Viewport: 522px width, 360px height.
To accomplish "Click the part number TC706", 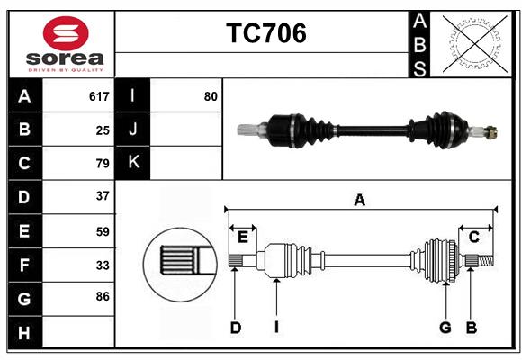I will [x=265, y=33].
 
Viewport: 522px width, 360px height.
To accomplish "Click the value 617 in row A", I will [x=99, y=96].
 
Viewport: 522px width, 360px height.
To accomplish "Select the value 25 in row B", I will [x=103, y=130].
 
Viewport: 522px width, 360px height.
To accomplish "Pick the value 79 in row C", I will [x=103, y=164].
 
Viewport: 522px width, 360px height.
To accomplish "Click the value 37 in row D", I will [x=103, y=196].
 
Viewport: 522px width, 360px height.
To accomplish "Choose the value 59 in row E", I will [x=103, y=231].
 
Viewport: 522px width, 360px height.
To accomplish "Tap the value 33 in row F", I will [x=103, y=265].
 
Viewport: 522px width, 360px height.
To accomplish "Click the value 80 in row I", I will [x=211, y=96].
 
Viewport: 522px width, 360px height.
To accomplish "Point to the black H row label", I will [x=24, y=333].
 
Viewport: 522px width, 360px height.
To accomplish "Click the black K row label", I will [x=133, y=163].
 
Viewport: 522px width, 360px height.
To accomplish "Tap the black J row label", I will [x=133, y=130].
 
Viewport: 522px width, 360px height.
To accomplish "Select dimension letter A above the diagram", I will [x=359, y=200].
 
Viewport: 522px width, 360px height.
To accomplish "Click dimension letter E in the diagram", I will [x=243, y=237].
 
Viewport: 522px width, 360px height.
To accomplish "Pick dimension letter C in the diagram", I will [x=473, y=237].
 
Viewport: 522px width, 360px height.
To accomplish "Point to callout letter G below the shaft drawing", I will [x=445, y=328].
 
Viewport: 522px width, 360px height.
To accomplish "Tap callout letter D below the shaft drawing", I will [x=235, y=328].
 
